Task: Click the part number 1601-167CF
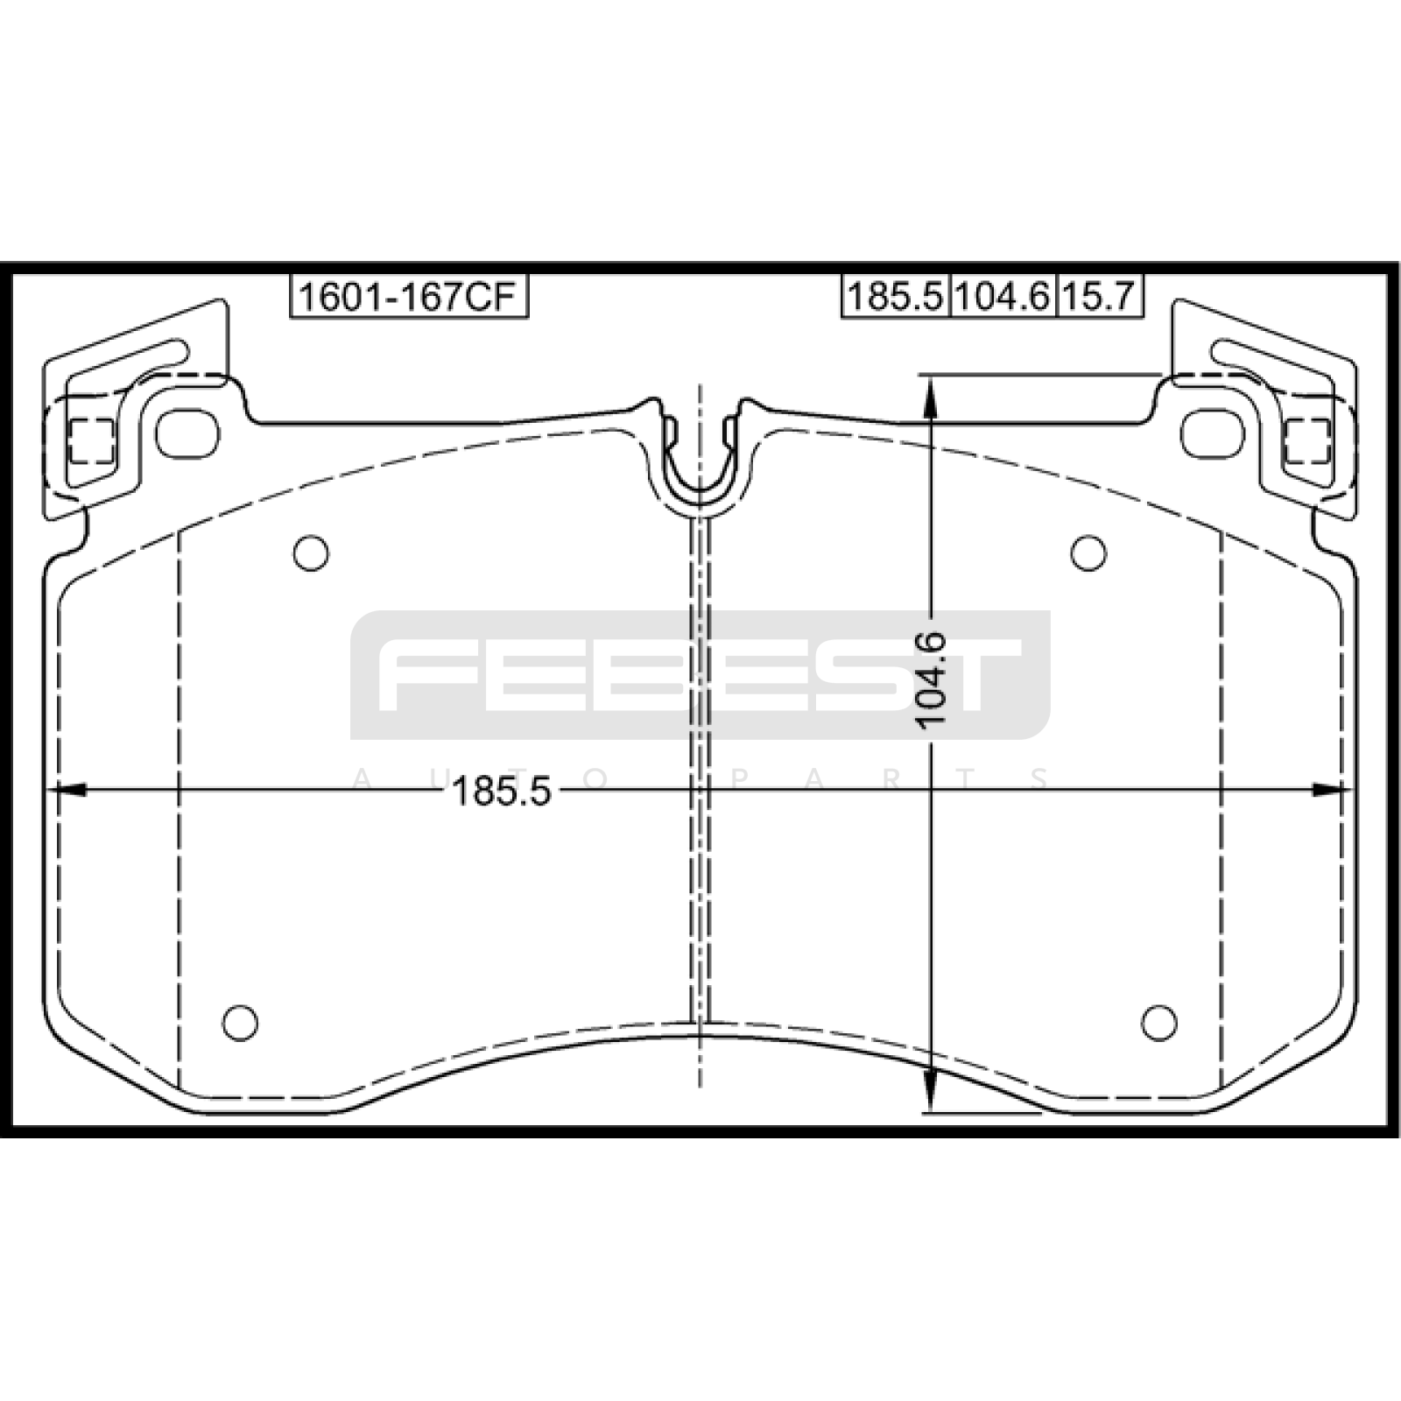pos(409,297)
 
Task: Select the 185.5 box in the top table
pos(896,297)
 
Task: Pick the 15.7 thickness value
pos(1100,297)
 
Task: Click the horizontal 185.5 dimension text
pos(501,792)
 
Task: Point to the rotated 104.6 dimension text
pos(930,679)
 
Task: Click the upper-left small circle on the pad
pos(311,553)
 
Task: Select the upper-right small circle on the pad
pos(1088,553)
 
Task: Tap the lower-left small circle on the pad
pos(240,1023)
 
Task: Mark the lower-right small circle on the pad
pos(1159,1023)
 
